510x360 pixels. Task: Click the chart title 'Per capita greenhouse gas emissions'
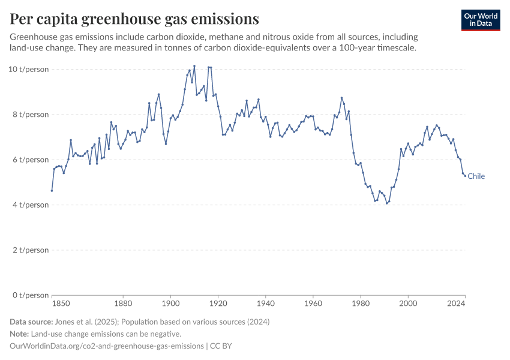(134, 19)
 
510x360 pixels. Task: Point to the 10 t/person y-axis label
(29, 70)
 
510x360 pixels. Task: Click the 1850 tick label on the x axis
(52, 304)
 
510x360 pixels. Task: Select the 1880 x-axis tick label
(123, 304)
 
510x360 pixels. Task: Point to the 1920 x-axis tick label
(218, 304)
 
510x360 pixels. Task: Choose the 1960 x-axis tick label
(313, 304)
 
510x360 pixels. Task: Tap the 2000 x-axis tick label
(408, 304)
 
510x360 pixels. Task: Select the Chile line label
(476, 176)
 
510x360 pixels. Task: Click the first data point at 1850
(52, 191)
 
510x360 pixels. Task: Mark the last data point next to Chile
(465, 176)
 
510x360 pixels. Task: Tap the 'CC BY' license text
(221, 346)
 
